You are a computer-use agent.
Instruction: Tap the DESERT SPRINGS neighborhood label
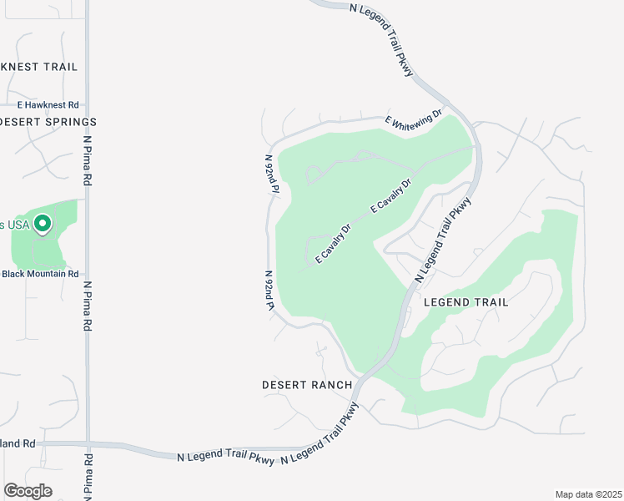(48, 122)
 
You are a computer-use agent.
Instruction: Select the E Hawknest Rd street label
(48, 105)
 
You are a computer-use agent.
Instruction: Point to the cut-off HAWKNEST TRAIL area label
(38, 66)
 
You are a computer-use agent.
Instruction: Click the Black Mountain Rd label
(40, 273)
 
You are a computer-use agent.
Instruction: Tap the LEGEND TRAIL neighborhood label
(465, 301)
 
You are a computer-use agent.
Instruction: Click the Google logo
(28, 490)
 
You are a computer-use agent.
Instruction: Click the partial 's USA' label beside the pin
(15, 225)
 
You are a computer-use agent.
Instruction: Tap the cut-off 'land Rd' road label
(18, 443)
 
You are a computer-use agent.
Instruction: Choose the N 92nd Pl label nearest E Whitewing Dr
(270, 174)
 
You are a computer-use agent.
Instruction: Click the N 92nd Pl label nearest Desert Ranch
(269, 290)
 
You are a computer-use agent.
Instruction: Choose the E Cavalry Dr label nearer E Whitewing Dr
(391, 197)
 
